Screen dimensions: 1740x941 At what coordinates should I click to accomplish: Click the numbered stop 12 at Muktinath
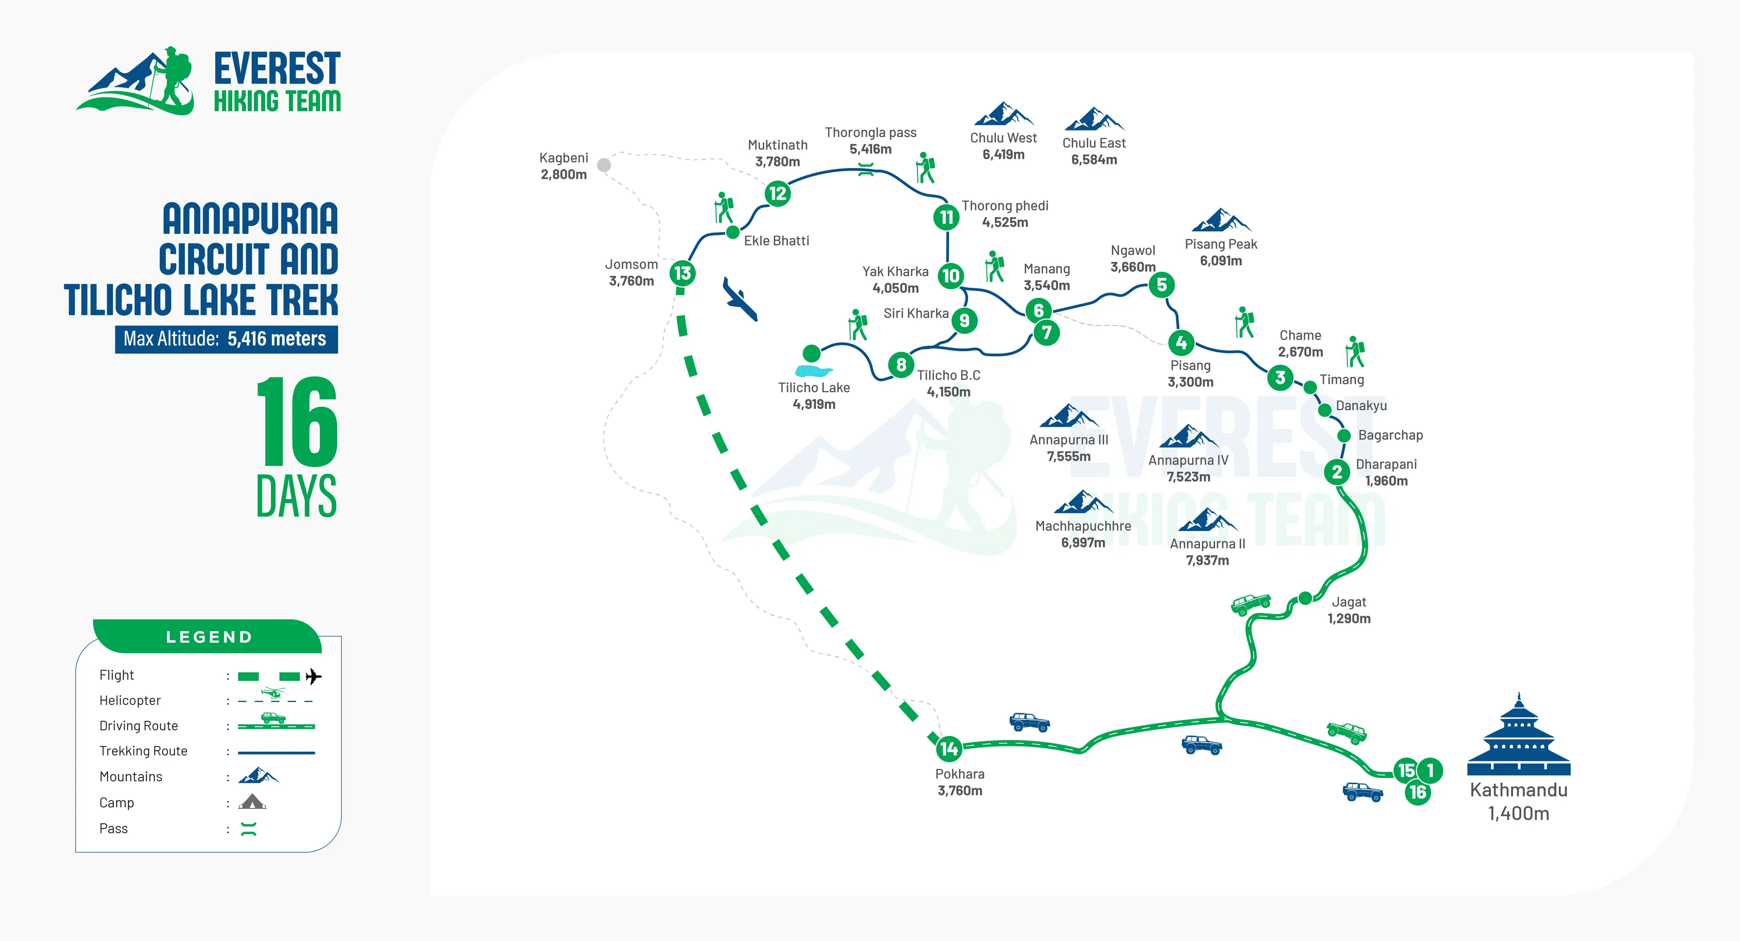pyautogui.click(x=777, y=194)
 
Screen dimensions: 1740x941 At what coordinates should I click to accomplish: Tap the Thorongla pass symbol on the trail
pyautogui.click(x=866, y=169)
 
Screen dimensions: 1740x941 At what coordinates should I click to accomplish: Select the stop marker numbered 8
pyautogui.click(x=901, y=365)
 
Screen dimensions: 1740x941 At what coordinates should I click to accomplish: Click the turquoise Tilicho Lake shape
pyautogui.click(x=813, y=371)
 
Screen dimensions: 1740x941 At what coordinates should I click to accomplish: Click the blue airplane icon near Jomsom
pyautogui.click(x=740, y=299)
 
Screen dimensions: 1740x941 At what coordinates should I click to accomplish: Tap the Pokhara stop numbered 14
pyautogui.click(x=948, y=749)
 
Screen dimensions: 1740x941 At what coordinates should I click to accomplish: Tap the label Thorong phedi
pyautogui.click(x=1005, y=205)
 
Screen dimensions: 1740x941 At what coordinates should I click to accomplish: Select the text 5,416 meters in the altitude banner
pyautogui.click(x=277, y=338)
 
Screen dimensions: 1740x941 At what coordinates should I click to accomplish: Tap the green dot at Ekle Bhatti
pyautogui.click(x=732, y=232)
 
